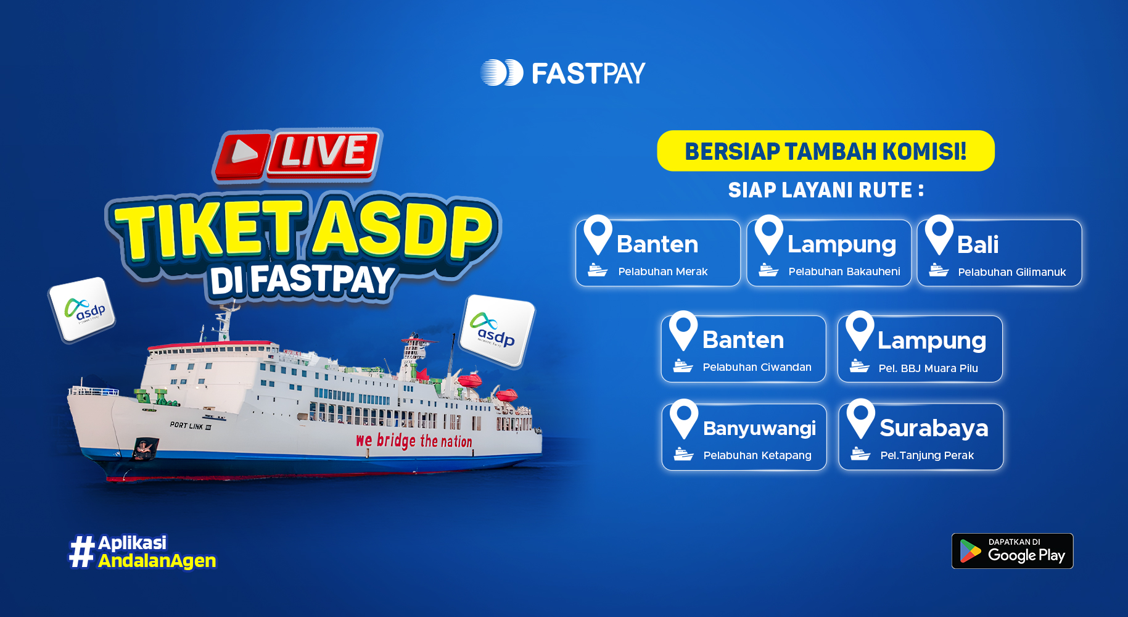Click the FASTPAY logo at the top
[562, 73]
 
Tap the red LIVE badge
[297, 154]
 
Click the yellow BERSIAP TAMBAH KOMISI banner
[825, 151]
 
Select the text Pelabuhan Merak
[662, 271]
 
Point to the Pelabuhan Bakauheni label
[844, 271]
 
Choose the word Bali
[978, 245]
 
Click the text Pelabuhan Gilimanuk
[1011, 272]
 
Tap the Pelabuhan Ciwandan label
[757, 367]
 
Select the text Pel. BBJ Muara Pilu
[928, 368]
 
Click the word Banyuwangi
[759, 428]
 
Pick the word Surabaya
[934, 428]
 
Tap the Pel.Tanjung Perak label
[927, 455]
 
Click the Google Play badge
[1012, 551]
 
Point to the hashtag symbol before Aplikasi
[81, 552]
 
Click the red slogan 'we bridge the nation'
[414, 441]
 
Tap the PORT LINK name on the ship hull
[191, 426]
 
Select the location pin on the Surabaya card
[860, 418]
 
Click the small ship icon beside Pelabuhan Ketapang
[683, 454]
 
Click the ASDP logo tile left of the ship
[82, 310]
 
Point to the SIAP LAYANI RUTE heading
[825, 190]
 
